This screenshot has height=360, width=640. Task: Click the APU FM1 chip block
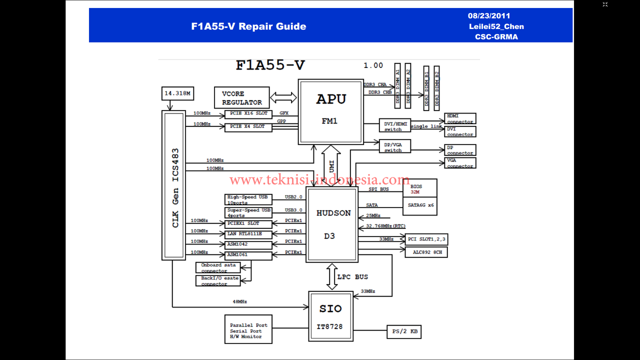coord(330,111)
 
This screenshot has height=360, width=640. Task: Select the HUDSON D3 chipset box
coord(332,224)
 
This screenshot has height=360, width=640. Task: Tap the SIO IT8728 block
coord(330,316)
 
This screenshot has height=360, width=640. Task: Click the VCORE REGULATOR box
coord(242,97)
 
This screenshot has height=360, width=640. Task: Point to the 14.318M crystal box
coord(178,93)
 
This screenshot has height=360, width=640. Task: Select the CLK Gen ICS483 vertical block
coord(173,185)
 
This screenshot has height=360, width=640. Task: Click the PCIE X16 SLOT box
coord(248,114)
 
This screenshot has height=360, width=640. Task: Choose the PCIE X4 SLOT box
coord(248,127)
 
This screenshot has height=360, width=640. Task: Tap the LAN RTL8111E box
coord(248,234)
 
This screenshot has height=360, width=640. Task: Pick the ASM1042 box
coord(248,244)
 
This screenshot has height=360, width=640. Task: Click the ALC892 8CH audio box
coord(426,252)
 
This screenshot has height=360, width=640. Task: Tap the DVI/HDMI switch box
coord(394,126)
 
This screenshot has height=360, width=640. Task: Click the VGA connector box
coord(460,163)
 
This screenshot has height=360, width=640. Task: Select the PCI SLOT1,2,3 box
coord(426,239)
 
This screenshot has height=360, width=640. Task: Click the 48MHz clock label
coord(239,302)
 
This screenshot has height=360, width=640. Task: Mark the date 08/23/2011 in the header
coord(489,16)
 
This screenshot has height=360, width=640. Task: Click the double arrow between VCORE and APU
coord(283,97)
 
